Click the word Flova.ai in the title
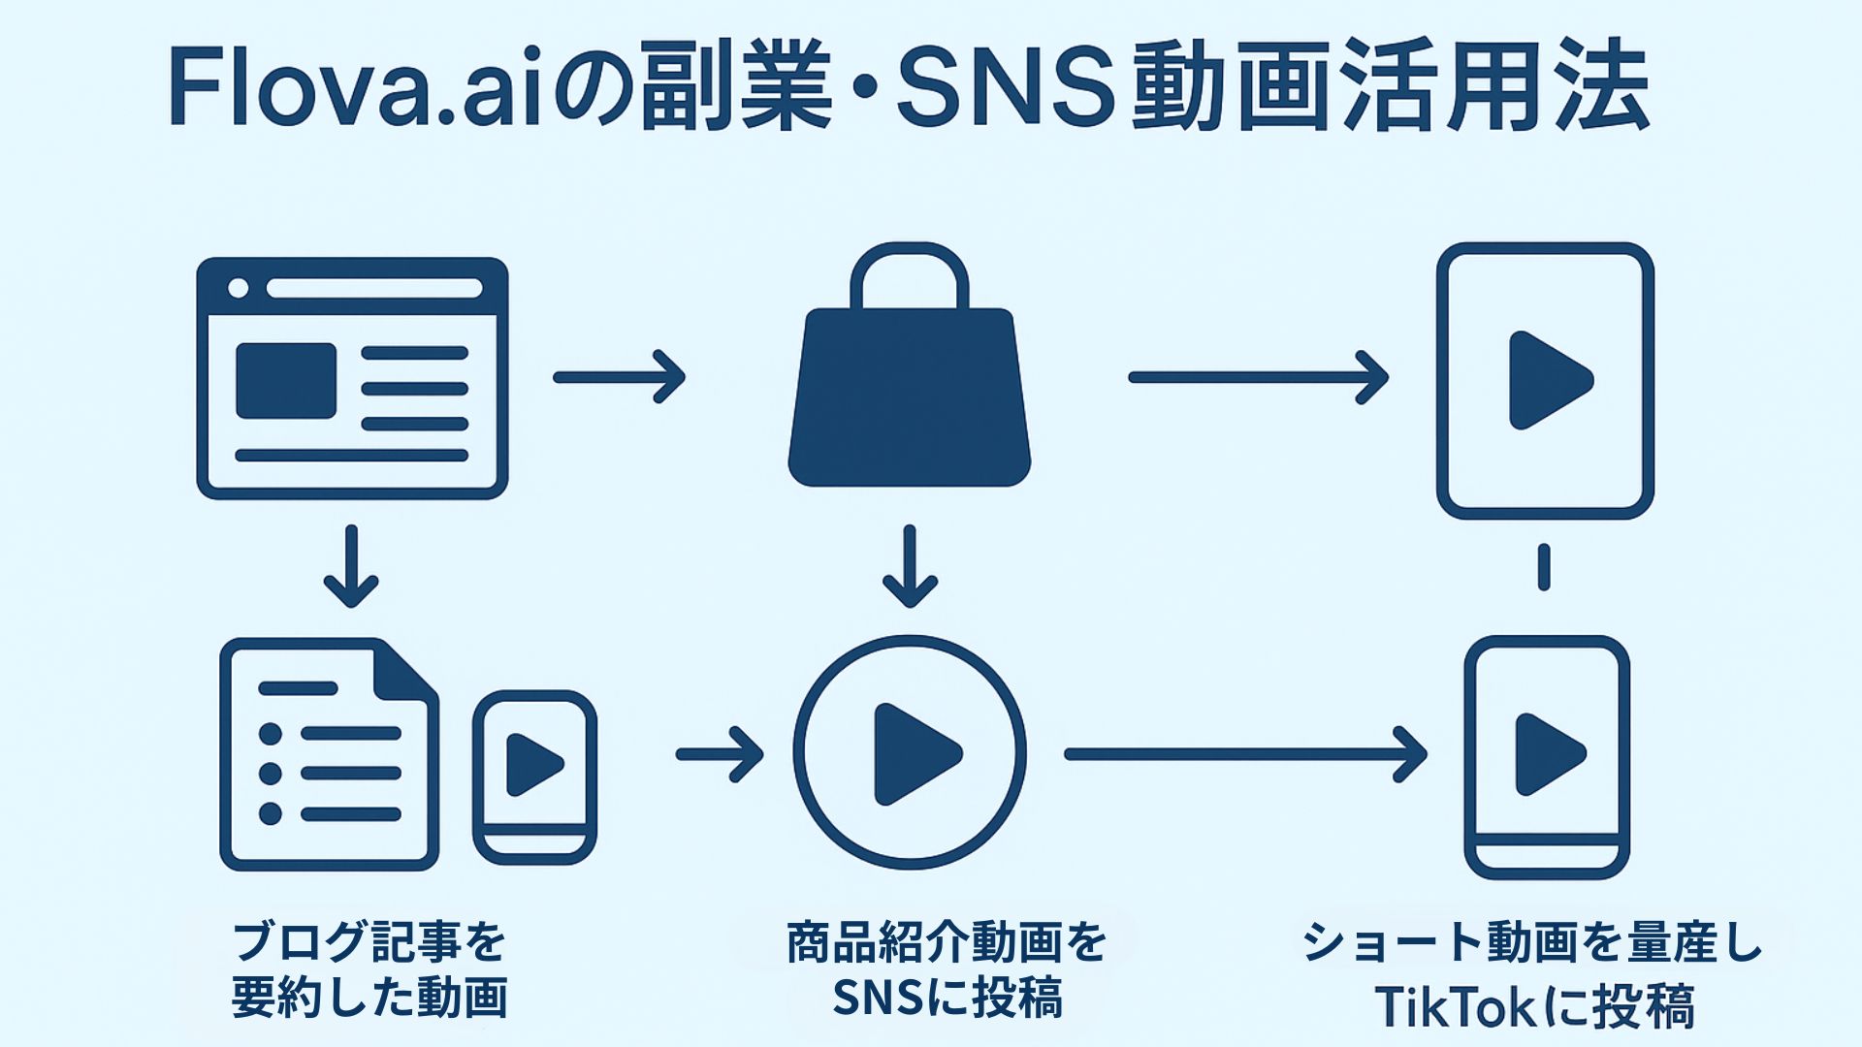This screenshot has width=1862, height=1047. pyautogui.click(x=355, y=89)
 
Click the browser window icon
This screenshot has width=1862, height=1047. pyautogui.click(x=352, y=378)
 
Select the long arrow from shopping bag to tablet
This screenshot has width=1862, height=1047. pyautogui.click(x=1258, y=376)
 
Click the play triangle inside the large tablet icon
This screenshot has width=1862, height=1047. pyautogui.click(x=1548, y=379)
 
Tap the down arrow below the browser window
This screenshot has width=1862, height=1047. pyautogui.click(x=350, y=567)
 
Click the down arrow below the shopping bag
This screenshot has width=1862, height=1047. pyautogui.click(x=909, y=567)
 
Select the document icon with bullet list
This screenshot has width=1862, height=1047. pyautogui.click(x=329, y=754)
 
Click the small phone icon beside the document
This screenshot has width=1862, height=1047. pyautogui.click(x=534, y=777)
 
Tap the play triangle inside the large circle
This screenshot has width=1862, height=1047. pyautogui.click(x=915, y=754)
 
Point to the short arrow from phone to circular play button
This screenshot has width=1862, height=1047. pyautogui.click(x=720, y=753)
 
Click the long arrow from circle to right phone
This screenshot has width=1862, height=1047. pyautogui.click(x=1245, y=753)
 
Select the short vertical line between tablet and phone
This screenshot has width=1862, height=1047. pyautogui.click(x=1544, y=567)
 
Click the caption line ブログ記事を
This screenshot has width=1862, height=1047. pyautogui.click(x=369, y=941)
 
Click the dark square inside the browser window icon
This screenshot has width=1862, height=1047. pyautogui.click(x=286, y=381)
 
